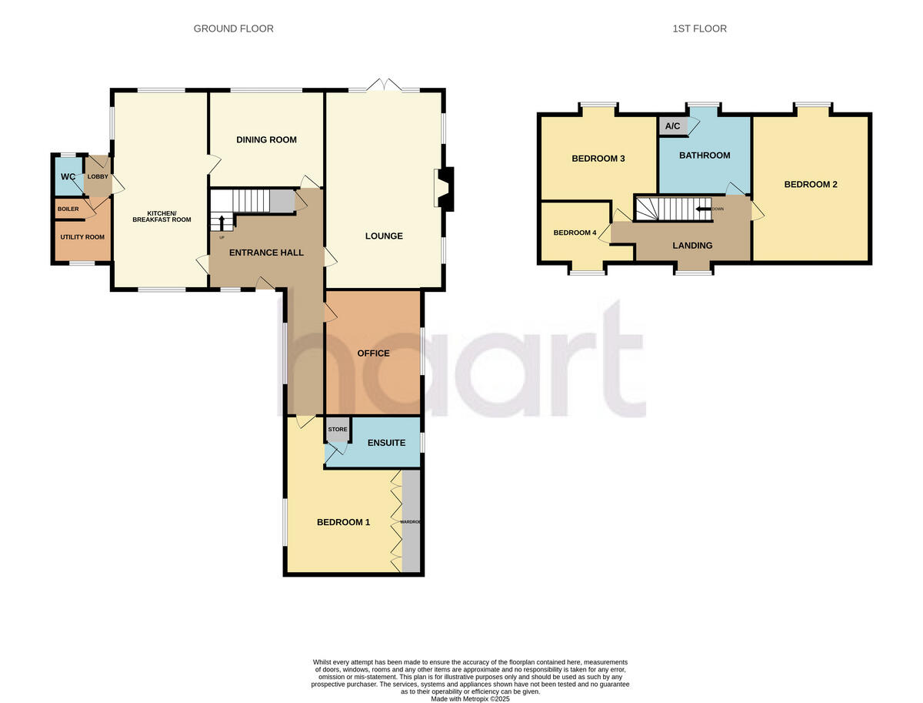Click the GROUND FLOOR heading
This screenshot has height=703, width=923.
tap(233, 28)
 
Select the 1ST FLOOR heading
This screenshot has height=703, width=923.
tap(698, 28)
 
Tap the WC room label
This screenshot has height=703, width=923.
tap(68, 176)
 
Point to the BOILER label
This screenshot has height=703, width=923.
tap(68, 209)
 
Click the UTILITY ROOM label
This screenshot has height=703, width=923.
tap(82, 236)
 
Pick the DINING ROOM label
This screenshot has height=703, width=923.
tap(266, 139)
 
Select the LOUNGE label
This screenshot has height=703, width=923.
tap(384, 236)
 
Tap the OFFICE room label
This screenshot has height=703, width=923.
tap(374, 353)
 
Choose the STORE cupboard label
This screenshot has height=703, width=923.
tap(338, 429)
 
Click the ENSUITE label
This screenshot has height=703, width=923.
tap(386, 443)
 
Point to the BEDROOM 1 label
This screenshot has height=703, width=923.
tap(343, 522)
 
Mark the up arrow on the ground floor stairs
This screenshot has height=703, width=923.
tap(222, 223)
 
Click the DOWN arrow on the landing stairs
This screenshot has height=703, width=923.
tap(703, 209)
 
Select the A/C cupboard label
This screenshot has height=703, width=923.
tap(671, 126)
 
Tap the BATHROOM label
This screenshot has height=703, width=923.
tap(705, 156)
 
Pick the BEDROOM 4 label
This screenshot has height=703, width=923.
tap(575, 233)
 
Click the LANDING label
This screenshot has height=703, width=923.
tap(692, 246)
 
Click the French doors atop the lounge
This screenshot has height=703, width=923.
tap(384, 85)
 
